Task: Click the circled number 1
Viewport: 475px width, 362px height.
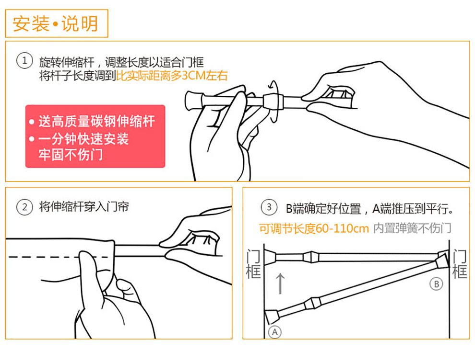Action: [24, 60]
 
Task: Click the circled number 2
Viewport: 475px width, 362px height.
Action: [24, 207]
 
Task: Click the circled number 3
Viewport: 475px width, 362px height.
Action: [269, 207]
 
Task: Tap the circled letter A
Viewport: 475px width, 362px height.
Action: [275, 332]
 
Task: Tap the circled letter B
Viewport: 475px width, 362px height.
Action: [436, 284]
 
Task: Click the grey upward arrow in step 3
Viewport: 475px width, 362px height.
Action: [281, 283]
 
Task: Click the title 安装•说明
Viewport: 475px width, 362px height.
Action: [56, 23]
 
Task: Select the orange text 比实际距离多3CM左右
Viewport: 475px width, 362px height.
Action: [172, 76]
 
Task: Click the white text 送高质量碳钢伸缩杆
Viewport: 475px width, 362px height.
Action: [96, 121]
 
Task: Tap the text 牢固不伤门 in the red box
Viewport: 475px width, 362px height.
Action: [71, 155]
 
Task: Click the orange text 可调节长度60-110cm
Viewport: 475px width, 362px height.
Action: [314, 228]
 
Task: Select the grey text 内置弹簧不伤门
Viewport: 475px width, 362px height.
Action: [412, 228]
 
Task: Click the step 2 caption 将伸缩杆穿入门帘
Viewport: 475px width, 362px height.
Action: [84, 207]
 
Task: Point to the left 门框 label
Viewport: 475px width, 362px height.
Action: [253, 264]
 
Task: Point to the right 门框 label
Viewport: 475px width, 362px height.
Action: [460, 264]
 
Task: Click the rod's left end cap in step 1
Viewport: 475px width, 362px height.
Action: [191, 100]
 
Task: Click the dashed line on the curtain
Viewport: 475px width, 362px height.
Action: [59, 257]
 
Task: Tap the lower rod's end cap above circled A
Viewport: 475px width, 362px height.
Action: [272, 317]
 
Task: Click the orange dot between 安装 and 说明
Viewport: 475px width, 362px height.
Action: [55, 24]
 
